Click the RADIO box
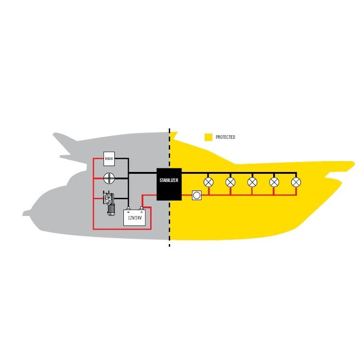[x=109, y=159]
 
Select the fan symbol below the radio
[x=109, y=178]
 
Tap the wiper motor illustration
[x=109, y=203]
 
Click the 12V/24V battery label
[x=135, y=218]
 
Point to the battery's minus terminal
[x=129, y=209]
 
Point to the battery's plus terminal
[x=141, y=209]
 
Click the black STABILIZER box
[x=169, y=184]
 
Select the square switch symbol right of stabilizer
[x=196, y=196]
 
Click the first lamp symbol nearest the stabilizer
[x=209, y=182]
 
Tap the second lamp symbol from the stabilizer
[x=231, y=182]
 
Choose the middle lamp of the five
[x=252, y=182]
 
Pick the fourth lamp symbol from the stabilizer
[x=274, y=182]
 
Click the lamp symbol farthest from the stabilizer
[x=296, y=182]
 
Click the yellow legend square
[x=208, y=137]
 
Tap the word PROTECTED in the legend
[x=225, y=137]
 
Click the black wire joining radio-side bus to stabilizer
[x=142, y=173]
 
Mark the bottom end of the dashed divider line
[x=170, y=247]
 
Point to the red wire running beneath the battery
[x=122, y=229]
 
